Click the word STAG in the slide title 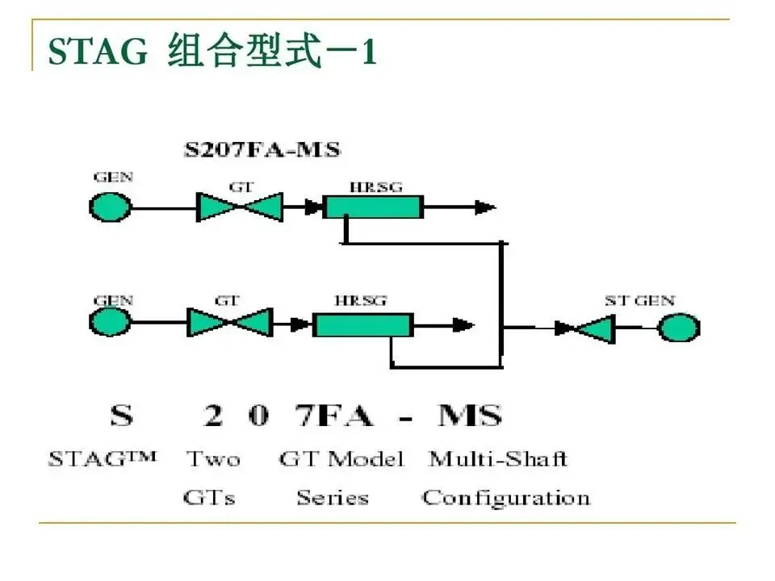click(x=98, y=52)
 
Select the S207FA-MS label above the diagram click(x=261, y=149)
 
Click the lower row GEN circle click(x=109, y=324)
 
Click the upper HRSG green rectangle click(x=372, y=207)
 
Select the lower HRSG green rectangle click(x=362, y=324)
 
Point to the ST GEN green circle click(x=678, y=328)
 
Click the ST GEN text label click(x=639, y=301)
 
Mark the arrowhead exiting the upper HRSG click(x=484, y=207)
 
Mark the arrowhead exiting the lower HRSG click(x=463, y=324)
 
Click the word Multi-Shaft click(x=497, y=460)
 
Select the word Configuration click(x=506, y=498)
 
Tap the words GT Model click(x=341, y=460)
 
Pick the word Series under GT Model click(x=332, y=498)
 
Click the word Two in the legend click(x=213, y=460)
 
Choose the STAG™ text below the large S click(x=102, y=460)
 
